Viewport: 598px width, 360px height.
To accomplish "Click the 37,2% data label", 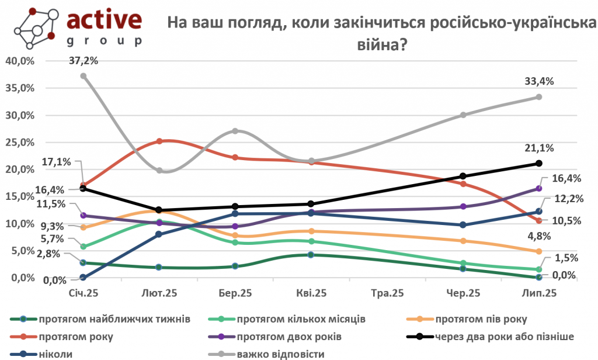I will (x=83, y=60).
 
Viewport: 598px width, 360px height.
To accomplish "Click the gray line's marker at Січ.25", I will (x=84, y=76).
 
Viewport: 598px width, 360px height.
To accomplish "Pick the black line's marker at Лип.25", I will (x=539, y=164).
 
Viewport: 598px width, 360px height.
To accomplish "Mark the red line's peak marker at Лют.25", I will (x=159, y=141).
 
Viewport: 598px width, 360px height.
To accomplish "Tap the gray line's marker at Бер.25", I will (x=235, y=131).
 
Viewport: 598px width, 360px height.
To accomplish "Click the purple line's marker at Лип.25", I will (x=539, y=188).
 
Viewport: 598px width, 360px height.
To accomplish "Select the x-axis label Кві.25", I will (x=311, y=292).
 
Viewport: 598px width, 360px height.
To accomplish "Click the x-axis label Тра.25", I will (x=387, y=292).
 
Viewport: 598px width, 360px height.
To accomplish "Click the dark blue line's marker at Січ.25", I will (x=84, y=278).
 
